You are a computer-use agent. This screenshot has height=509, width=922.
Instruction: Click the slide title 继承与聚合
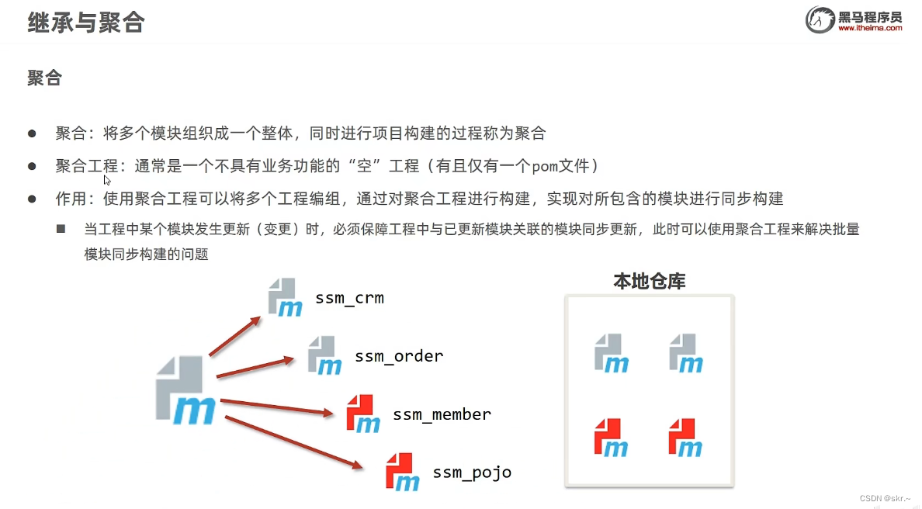click(x=86, y=23)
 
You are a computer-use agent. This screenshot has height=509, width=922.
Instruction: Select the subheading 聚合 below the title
click(x=44, y=78)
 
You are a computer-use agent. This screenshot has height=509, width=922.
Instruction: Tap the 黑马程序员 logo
click(x=853, y=19)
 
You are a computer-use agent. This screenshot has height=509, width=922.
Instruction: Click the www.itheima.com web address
click(x=870, y=28)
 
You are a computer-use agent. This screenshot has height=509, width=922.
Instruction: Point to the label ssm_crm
click(x=349, y=298)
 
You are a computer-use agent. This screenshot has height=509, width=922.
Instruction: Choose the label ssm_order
click(x=399, y=356)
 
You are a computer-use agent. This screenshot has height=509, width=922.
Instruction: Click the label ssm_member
click(x=442, y=414)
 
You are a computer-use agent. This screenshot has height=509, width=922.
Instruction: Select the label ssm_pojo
click(x=472, y=473)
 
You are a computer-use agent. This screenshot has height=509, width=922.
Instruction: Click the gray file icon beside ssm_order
click(x=324, y=355)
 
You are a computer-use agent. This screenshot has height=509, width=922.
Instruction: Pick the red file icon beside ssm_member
click(x=363, y=414)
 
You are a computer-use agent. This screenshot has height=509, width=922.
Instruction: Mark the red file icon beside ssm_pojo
click(x=402, y=472)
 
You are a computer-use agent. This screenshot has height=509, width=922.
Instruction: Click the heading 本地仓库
click(x=649, y=281)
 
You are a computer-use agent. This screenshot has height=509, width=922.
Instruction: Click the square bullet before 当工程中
click(x=61, y=230)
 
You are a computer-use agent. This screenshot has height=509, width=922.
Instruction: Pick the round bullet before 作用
click(x=33, y=199)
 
